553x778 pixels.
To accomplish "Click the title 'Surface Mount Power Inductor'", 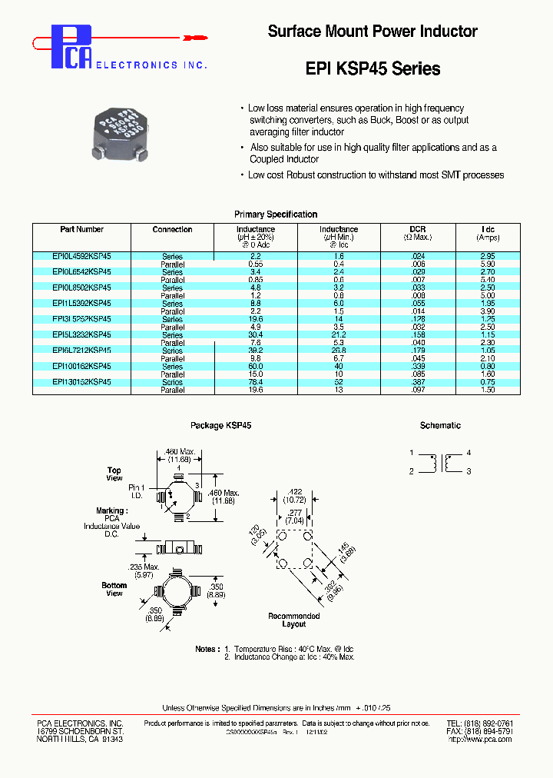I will click(373, 32).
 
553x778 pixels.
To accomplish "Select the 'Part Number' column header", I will click(81, 229).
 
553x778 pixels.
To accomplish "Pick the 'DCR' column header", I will click(418, 229).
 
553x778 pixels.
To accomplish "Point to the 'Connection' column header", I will click(172, 229).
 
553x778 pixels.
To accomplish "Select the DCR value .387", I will click(418, 382).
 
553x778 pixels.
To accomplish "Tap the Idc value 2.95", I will click(487, 256).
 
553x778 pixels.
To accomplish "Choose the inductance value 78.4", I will click(255, 382).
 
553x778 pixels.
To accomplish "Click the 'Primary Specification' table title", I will click(276, 214).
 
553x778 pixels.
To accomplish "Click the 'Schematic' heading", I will click(440, 425).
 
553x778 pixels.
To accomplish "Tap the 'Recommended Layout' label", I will click(293, 620).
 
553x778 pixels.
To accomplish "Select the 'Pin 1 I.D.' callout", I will click(136, 491).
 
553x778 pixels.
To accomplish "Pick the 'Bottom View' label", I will click(114, 590).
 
